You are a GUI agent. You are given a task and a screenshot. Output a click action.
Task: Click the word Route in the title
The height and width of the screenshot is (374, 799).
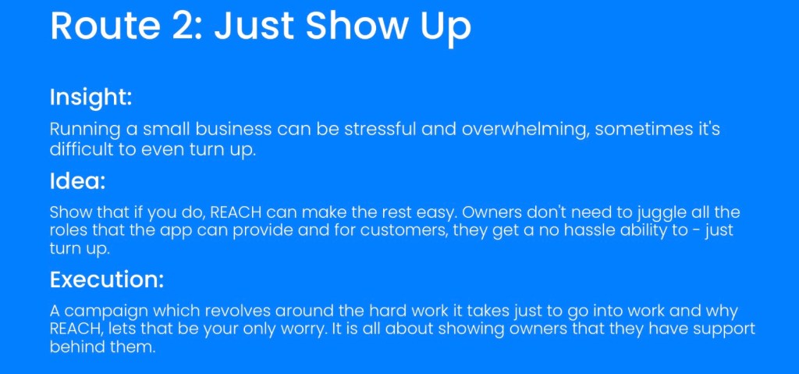[x=105, y=26]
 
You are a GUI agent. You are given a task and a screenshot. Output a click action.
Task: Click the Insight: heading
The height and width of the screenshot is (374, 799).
[x=91, y=98]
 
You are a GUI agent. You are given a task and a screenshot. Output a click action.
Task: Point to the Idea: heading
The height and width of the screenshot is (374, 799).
[x=77, y=181]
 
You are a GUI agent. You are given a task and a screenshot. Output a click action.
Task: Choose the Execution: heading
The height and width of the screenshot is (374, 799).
[x=107, y=280]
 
